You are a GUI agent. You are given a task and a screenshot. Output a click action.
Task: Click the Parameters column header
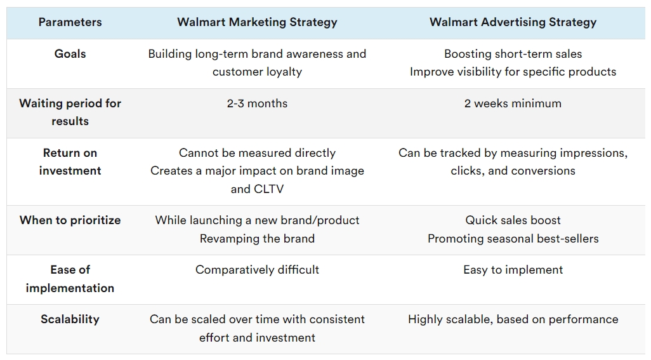(x=70, y=22)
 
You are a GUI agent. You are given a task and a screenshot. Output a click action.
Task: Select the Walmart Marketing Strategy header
(x=257, y=22)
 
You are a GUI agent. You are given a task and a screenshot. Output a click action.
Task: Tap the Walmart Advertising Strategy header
(x=513, y=22)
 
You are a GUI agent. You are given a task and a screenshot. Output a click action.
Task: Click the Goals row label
(x=70, y=54)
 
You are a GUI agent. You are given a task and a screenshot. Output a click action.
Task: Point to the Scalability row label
(x=70, y=319)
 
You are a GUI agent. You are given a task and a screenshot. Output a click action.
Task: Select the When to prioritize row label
(x=70, y=220)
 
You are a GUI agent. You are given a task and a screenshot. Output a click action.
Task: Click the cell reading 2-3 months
(x=257, y=103)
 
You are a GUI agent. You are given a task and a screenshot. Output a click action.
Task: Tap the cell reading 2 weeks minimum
(x=513, y=103)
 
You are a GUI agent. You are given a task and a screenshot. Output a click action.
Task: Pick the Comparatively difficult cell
(x=257, y=270)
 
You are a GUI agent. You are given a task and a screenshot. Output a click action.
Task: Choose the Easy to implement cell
(x=513, y=270)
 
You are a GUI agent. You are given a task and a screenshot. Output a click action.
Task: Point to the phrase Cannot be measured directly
(x=257, y=153)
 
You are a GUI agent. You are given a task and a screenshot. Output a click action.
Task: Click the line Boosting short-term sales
(x=513, y=54)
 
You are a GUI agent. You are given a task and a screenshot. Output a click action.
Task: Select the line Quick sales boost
(x=513, y=220)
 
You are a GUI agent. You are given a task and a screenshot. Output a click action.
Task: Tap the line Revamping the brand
(x=257, y=239)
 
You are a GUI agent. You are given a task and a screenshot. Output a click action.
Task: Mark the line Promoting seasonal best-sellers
(x=513, y=239)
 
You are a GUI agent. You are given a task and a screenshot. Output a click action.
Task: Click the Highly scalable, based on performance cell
(x=513, y=319)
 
